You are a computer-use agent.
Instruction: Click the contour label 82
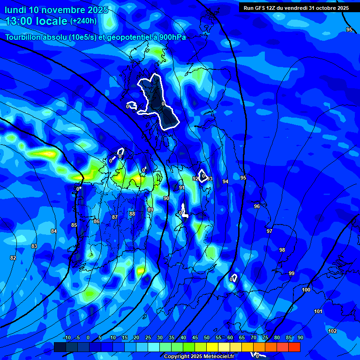point(13,258)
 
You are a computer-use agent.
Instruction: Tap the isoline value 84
point(54,231)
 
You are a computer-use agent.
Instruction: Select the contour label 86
point(96,221)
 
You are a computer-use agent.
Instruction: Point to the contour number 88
point(132,214)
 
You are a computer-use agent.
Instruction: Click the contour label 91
point(182,187)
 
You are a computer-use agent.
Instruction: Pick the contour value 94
point(225,181)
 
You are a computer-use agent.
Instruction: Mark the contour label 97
point(269,231)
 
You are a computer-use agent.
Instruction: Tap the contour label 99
point(292,273)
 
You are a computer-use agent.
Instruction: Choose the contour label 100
point(306,290)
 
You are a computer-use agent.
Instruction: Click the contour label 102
point(332,331)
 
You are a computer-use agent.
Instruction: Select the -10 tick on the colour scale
point(67,337)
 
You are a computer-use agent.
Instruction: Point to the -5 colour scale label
point(77,337)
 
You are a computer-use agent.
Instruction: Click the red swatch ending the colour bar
point(294,347)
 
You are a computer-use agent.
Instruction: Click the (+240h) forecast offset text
point(83,21)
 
